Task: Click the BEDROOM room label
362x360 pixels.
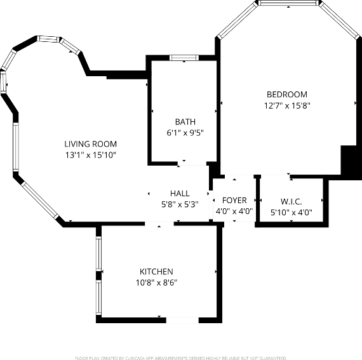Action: coord(286,95)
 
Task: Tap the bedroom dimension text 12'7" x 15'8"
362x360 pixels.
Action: coord(286,106)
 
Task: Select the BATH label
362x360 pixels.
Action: coord(185,122)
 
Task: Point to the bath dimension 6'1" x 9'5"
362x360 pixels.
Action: coord(185,133)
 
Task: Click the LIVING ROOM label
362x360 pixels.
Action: coord(91,144)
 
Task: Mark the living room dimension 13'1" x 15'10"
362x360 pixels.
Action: coord(91,155)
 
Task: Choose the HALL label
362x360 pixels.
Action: coord(180,194)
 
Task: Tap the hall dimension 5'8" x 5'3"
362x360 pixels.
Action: coord(180,204)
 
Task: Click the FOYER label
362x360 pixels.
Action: coord(234,201)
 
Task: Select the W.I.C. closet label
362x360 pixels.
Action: coord(291,201)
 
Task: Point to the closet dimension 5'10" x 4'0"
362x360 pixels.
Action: coord(291,213)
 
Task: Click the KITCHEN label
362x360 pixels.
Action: coord(156,272)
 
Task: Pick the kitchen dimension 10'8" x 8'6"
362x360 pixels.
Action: coord(156,283)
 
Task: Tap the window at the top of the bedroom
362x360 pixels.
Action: coord(288,3)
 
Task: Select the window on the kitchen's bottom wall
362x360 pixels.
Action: coord(178,320)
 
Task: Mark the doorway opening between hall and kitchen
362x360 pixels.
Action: coord(159,223)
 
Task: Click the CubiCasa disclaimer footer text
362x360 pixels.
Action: coord(181,358)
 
